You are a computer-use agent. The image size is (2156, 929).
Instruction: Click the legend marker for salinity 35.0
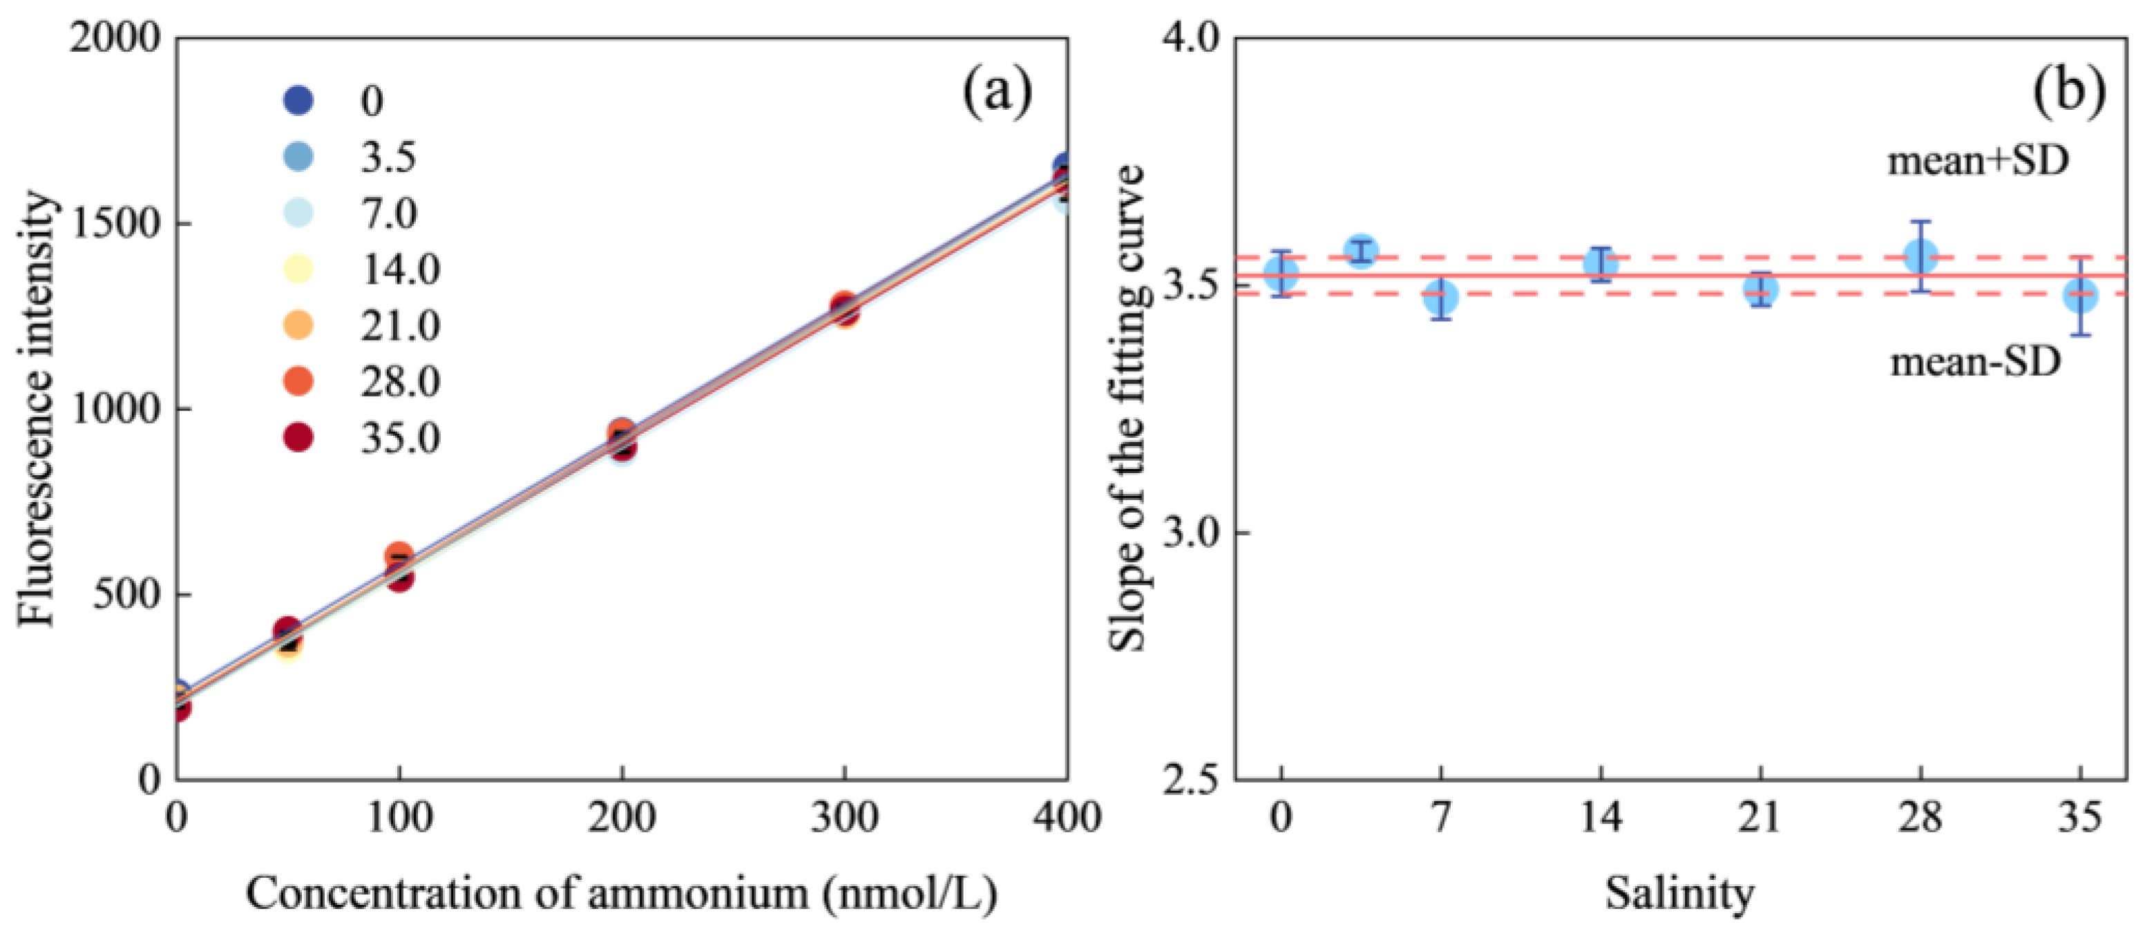tap(299, 437)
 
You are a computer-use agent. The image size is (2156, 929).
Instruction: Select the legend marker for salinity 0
tap(299, 100)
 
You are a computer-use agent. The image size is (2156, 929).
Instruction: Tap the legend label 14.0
tap(400, 269)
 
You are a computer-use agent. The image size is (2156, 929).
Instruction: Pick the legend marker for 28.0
tap(299, 381)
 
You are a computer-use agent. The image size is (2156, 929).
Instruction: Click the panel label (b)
tap(2069, 92)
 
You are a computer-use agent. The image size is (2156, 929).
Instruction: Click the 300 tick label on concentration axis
tap(843, 818)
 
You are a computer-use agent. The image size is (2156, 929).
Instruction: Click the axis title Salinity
tap(1679, 893)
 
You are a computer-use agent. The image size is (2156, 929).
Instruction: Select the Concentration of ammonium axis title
tap(621, 893)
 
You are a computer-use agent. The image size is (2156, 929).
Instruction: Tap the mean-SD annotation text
tap(1975, 363)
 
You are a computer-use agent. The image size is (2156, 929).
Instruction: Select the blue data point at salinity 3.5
tap(1362, 250)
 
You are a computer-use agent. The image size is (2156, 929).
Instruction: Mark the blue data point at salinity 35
tap(2081, 296)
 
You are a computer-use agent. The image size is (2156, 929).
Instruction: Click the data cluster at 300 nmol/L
tap(843, 309)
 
